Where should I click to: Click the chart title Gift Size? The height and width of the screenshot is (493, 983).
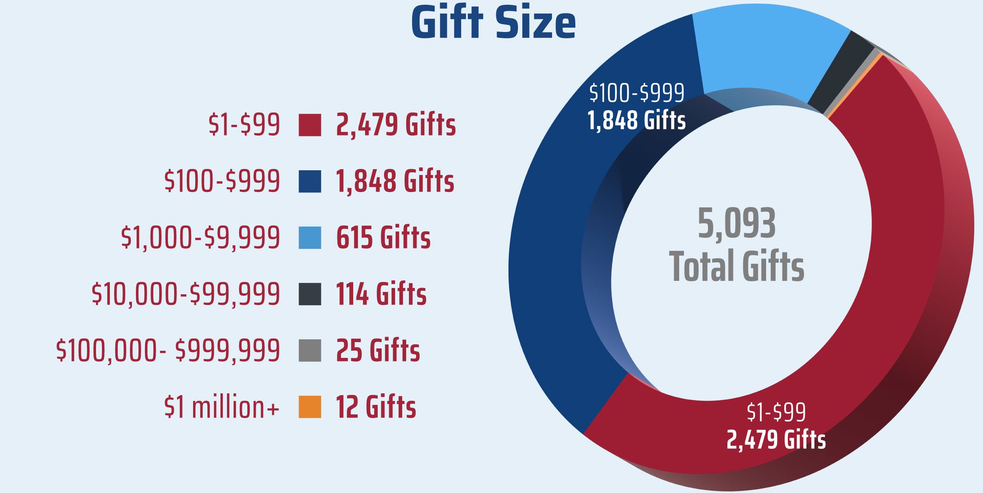tap(493, 23)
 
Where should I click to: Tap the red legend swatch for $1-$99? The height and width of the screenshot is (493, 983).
tap(310, 125)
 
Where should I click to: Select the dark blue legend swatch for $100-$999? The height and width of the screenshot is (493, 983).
tap(310, 181)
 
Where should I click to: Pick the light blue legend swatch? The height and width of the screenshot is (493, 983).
tap(310, 238)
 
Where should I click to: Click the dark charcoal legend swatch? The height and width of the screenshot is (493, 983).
tap(310, 294)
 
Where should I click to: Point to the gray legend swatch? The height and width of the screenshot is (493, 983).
tap(310, 350)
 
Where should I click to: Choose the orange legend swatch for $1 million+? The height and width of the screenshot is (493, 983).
tap(310, 407)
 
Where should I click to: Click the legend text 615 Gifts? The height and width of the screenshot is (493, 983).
tap(383, 238)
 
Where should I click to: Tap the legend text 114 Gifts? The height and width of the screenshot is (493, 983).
tap(381, 294)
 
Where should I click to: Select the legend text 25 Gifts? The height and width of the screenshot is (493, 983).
tap(378, 350)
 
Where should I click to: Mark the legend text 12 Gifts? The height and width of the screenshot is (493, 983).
tap(376, 407)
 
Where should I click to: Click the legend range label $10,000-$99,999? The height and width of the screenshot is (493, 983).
tap(186, 294)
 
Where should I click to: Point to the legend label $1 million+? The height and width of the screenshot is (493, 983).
tap(222, 407)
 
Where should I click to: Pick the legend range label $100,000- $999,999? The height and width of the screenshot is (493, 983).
tap(168, 350)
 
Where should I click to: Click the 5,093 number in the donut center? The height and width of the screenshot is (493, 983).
tap(736, 224)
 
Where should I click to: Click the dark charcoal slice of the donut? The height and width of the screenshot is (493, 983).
tap(842, 71)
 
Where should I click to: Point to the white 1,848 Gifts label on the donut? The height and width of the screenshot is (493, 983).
tap(636, 120)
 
